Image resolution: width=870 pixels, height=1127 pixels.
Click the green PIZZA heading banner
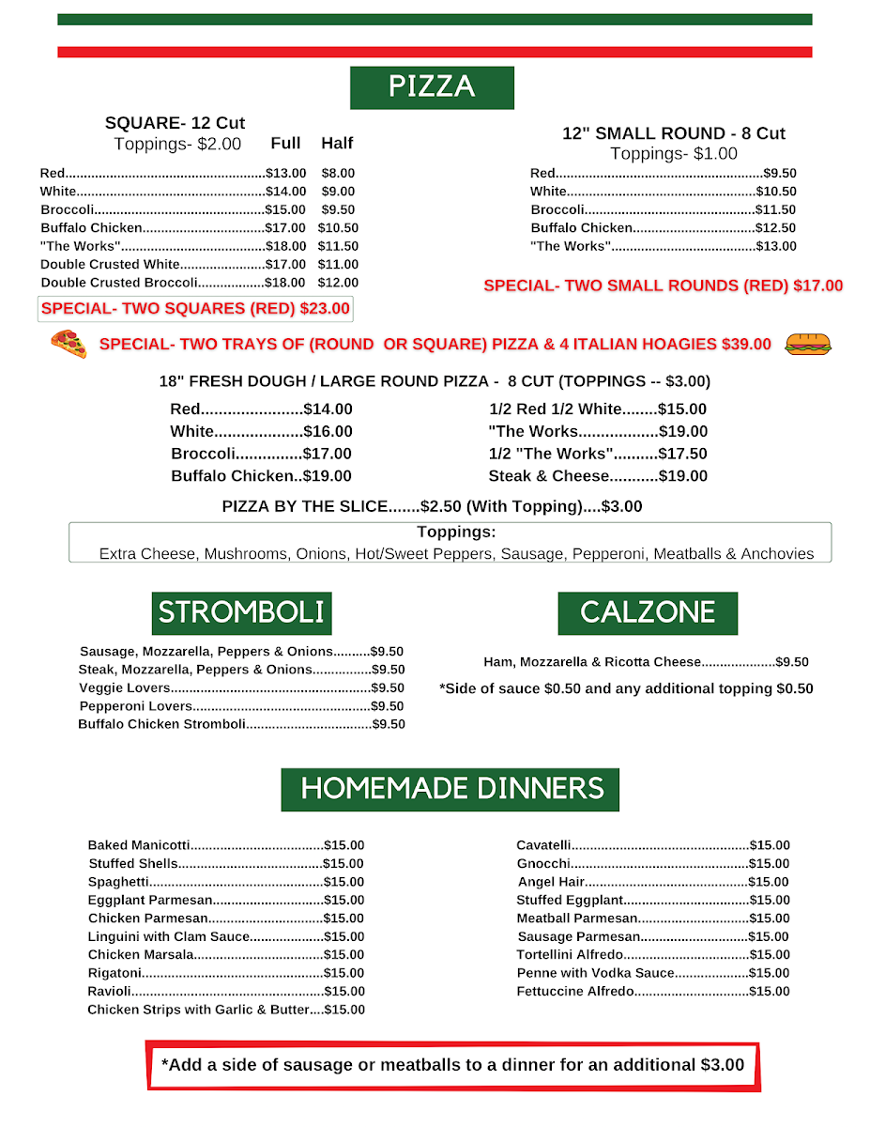coord(432,87)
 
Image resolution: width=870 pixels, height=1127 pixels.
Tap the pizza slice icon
coord(69,344)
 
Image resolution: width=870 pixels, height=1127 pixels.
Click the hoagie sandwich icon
coord(807,344)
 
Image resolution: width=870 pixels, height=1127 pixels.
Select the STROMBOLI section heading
coord(241,613)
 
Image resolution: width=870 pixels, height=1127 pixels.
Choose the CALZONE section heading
coord(648,613)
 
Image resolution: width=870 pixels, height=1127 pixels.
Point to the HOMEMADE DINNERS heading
coord(450,788)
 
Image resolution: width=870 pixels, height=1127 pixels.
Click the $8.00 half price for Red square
coord(338,174)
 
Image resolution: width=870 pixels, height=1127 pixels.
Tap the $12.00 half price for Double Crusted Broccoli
coord(338,283)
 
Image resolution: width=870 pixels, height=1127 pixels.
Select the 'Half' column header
coord(337,144)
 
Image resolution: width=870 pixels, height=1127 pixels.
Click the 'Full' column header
coord(285,144)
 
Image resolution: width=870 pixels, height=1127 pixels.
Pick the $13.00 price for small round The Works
coord(776,247)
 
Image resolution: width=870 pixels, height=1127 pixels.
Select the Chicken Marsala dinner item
coord(141,955)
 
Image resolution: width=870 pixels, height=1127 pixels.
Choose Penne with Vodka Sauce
coord(595,973)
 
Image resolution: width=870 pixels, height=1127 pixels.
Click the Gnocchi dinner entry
coord(543,864)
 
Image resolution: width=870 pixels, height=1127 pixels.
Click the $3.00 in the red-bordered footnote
coord(722,1065)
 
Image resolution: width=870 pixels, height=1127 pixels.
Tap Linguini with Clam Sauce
coord(169,937)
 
